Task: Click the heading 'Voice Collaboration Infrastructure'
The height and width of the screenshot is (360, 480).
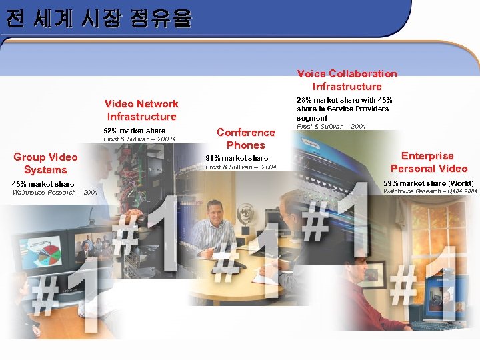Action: [347, 80]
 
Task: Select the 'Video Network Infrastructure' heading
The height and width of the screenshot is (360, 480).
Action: [141, 110]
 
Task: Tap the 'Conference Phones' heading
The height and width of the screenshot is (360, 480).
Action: [245, 139]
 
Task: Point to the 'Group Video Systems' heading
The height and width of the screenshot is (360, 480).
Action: [45, 163]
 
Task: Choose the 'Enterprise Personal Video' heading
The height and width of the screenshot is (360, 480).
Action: [429, 162]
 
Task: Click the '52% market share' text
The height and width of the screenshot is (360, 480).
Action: [135, 131]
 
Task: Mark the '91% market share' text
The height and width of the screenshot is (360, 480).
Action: [237, 159]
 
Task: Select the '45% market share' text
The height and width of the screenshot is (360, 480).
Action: [43, 184]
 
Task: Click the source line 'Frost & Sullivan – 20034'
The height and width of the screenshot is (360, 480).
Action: [139, 139]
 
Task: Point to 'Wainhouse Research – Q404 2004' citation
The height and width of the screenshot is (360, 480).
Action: [430, 192]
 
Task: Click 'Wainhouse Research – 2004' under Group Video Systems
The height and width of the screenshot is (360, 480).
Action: [55, 193]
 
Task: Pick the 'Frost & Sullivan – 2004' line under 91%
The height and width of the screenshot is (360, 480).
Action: [241, 167]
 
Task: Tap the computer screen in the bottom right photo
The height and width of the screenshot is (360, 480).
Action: [445, 301]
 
